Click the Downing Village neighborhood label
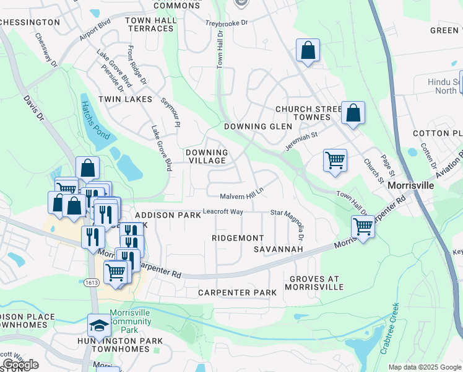click(x=207, y=156)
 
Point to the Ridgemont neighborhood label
click(x=238, y=238)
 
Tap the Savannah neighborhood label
click(x=278, y=249)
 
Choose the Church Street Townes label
click(x=308, y=113)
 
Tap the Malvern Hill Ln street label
click(x=242, y=193)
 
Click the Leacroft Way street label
click(x=223, y=211)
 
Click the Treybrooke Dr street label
click(x=227, y=23)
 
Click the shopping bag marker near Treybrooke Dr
click(x=308, y=50)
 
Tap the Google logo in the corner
click(x=20, y=365)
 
